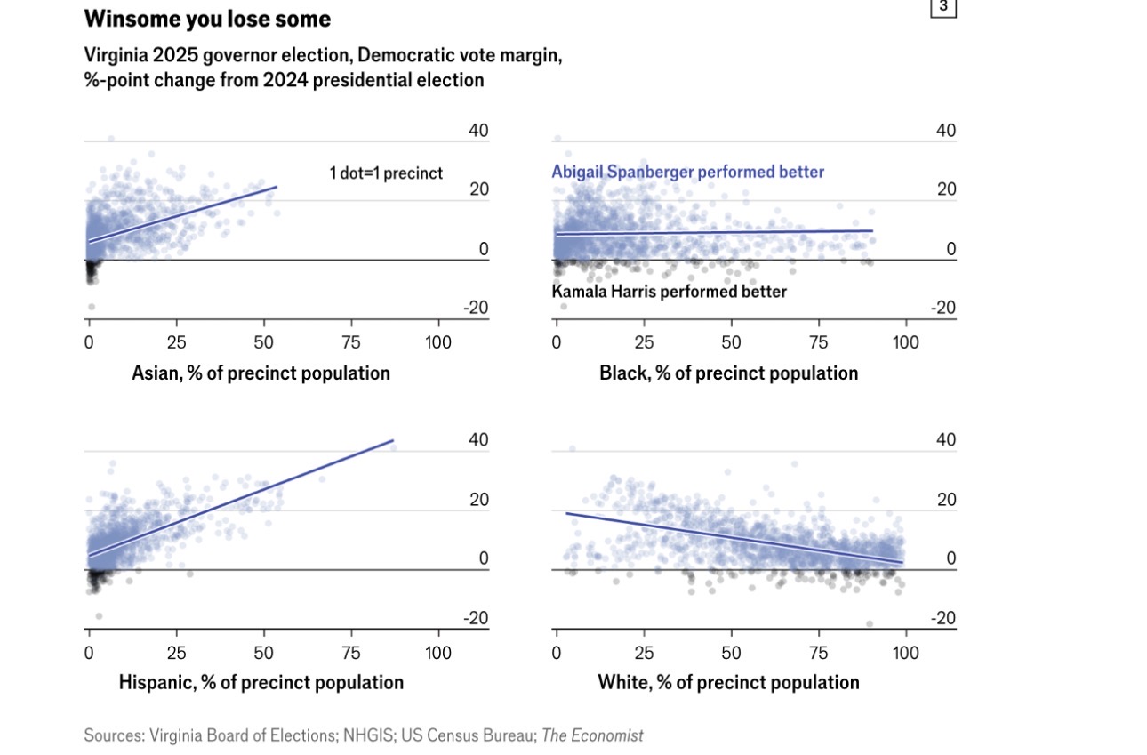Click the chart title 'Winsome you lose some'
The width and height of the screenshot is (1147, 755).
pyautogui.click(x=207, y=19)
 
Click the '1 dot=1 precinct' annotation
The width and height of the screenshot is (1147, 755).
pyautogui.click(x=386, y=173)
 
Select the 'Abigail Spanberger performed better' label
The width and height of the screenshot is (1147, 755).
pyautogui.click(x=687, y=172)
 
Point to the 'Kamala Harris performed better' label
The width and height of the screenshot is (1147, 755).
pyautogui.click(x=669, y=291)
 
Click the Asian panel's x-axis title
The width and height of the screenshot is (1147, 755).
pyautogui.click(x=261, y=373)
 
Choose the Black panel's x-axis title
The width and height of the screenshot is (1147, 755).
pyautogui.click(x=728, y=373)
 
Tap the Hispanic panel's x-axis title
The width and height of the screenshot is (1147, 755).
pyautogui.click(x=261, y=682)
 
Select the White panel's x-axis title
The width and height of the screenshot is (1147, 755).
pyautogui.click(x=728, y=682)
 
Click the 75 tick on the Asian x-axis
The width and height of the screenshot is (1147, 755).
pyautogui.click(x=350, y=343)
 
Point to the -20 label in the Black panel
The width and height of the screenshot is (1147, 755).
pyautogui.click(x=944, y=308)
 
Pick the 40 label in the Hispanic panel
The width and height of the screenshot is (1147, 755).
pyautogui.click(x=478, y=440)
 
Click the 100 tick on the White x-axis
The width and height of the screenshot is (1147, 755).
pyautogui.click(x=905, y=653)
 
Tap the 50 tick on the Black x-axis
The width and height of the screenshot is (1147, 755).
pyautogui.click(x=731, y=343)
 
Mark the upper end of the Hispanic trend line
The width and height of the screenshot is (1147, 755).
pyautogui.click(x=392, y=440)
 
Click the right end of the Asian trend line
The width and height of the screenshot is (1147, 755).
pyautogui.click(x=277, y=187)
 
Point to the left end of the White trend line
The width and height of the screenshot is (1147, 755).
pyautogui.click(x=566, y=513)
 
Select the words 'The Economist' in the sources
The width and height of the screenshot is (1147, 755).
pyautogui.click(x=592, y=735)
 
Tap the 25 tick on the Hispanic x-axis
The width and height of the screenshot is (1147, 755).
pyautogui.click(x=176, y=653)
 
